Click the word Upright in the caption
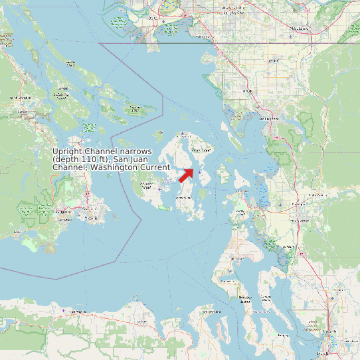66,152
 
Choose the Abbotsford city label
303,29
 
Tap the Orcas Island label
202,151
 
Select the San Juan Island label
148,186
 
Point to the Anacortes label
241,192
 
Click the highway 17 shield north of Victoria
86,193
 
